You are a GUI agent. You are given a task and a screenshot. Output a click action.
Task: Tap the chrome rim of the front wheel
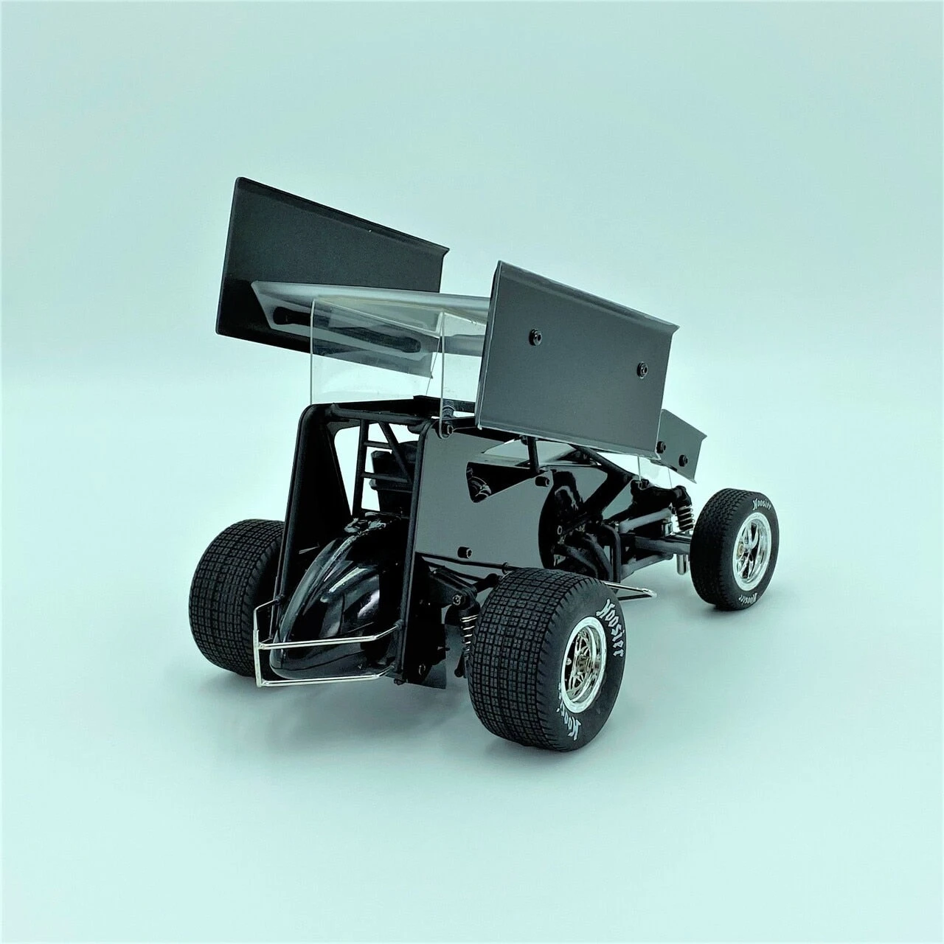point(753,542)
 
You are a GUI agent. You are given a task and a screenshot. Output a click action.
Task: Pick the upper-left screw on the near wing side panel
point(537,336)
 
